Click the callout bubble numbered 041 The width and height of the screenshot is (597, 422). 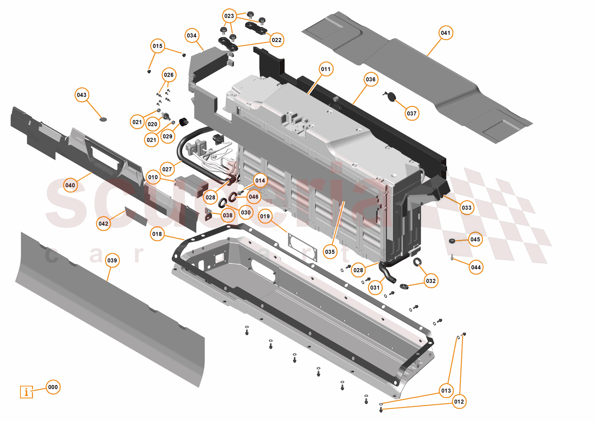445,33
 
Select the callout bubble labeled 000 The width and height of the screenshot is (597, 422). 53,387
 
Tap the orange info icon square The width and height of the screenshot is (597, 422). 27,392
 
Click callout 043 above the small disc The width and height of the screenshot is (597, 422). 82,95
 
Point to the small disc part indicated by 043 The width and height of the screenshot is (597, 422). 103,119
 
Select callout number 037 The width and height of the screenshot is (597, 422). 412,113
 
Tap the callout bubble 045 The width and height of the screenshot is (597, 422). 475,239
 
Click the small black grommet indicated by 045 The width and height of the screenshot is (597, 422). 452,241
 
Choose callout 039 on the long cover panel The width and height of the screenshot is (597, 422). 112,260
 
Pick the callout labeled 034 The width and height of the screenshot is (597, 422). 192,35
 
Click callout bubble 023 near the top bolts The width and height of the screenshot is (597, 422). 229,16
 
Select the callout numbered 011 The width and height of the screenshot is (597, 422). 326,69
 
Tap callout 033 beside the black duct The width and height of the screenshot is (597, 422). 467,208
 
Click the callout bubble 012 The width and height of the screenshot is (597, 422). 459,401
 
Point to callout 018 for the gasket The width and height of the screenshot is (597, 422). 157,234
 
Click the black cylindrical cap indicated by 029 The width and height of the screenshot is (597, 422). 183,122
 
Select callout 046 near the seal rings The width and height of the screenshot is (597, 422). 253,197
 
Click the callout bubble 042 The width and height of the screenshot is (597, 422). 103,223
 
